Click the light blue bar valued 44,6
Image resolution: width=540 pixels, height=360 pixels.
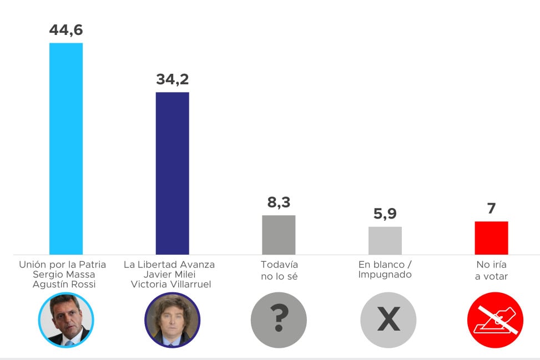tap(66, 149)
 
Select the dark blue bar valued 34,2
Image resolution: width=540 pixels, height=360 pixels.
tap(172, 173)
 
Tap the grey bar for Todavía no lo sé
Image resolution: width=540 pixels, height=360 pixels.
tap(279, 235)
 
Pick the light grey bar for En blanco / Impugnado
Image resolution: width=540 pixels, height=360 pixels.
tap(385, 240)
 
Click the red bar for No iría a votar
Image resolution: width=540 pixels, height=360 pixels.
tap(491, 237)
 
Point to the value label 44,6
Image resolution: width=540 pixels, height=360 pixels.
tap(66, 30)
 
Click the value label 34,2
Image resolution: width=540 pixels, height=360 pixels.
tap(172, 79)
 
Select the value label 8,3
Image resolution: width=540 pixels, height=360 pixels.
tap(279, 202)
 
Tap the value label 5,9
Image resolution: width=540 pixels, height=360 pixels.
tap(385, 214)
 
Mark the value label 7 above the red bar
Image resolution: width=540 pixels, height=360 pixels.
tap(491, 209)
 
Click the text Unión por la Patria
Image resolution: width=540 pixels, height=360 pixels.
tap(63, 265)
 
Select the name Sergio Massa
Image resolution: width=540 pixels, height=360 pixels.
tap(63, 275)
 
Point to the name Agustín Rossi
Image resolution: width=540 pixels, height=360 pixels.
tap(64, 285)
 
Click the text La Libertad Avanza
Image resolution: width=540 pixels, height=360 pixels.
tap(169, 265)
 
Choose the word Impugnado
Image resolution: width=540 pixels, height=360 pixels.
tap(385, 275)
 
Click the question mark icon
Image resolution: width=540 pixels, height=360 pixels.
tap(279, 320)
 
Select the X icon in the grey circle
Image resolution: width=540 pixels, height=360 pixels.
tap(388, 320)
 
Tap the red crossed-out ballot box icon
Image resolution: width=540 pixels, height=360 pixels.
tap(495, 320)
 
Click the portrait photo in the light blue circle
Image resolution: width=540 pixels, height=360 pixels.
tap(66, 320)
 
